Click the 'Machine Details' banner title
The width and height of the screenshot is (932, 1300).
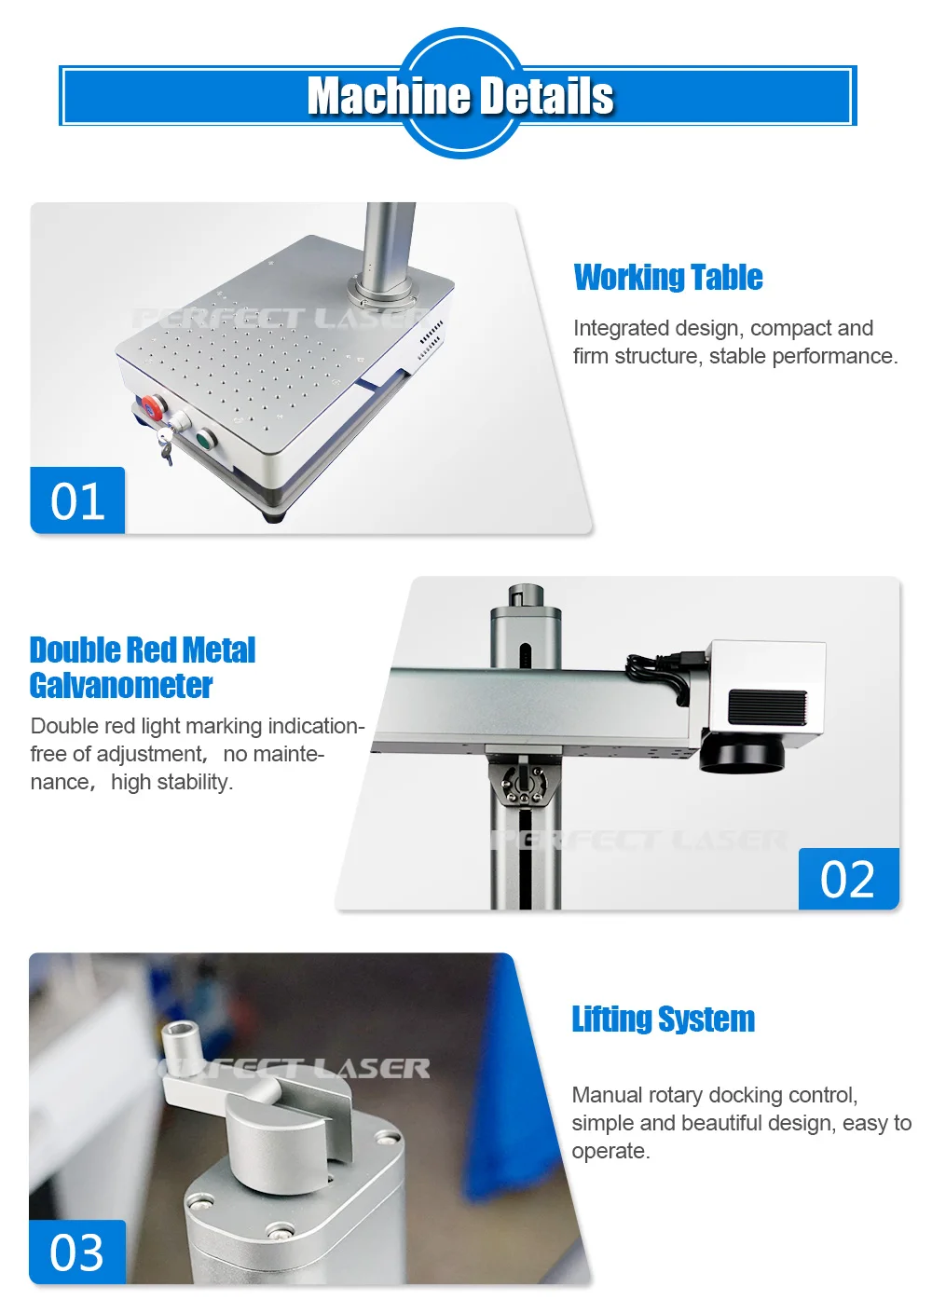coord(460,96)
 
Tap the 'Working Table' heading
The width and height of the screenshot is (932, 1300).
coord(667,278)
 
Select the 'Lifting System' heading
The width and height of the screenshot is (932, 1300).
coord(663,1019)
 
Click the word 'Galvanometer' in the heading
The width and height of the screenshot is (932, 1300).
coord(121,686)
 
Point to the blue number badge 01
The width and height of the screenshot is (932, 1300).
coord(77,500)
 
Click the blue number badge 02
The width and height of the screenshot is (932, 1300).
coord(848,879)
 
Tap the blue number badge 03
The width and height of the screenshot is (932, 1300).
coord(77,1252)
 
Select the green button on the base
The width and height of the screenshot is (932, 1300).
coord(204,437)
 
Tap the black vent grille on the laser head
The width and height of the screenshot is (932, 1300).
coord(766,706)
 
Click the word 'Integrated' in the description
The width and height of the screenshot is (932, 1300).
coord(621,328)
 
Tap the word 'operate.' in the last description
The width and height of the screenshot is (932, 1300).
coord(610,1151)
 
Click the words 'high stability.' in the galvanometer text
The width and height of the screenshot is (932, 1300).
coord(171,782)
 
